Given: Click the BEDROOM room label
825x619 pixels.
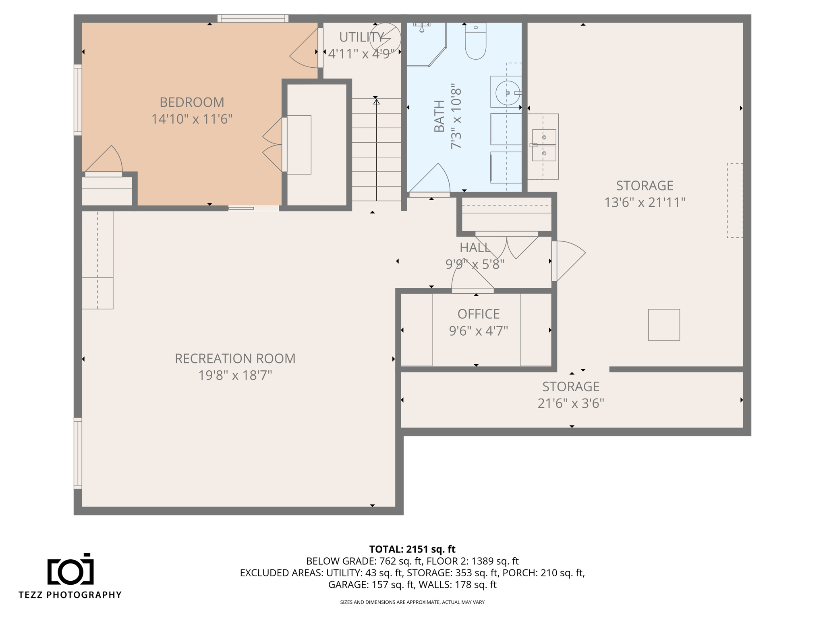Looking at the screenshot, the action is [192, 102].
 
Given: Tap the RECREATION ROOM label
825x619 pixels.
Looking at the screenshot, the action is [235, 359].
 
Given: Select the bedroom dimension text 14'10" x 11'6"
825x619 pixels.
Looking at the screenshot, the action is [192, 119].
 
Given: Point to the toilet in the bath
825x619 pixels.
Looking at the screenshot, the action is [475, 41].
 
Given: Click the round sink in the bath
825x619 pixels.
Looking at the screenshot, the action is [508, 93].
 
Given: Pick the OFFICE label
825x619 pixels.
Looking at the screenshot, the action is [479, 314].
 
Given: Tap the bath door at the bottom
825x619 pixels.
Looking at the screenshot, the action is [429, 180].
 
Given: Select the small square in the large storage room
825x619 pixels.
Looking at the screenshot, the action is [664, 325].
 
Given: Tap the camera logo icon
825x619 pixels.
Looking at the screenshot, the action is [70, 569].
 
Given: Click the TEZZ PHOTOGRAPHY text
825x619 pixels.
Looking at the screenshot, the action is [70, 595].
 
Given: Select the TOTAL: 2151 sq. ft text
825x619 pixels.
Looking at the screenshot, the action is [412, 549].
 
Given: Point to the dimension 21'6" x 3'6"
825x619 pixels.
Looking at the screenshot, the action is [571, 403].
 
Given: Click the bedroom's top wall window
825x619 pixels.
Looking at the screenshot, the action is [253, 19].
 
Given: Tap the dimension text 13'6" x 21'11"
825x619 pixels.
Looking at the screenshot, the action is [645, 202].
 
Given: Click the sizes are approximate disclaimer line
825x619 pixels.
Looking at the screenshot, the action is [412, 602].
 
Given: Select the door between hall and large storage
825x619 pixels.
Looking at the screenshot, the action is [568, 261].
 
